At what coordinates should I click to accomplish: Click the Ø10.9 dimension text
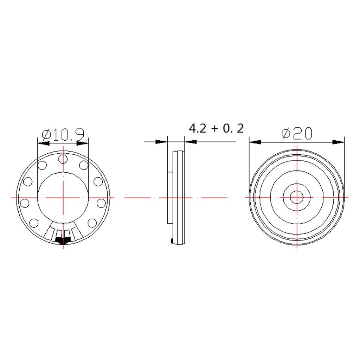[x=63, y=135]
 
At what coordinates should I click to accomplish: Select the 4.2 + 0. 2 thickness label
[x=216, y=128]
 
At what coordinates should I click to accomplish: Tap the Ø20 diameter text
[x=297, y=134]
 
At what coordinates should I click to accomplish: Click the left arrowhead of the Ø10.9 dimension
[x=43, y=143]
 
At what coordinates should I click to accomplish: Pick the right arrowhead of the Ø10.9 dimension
[x=83, y=143]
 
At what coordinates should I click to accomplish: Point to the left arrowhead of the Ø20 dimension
[x=255, y=142]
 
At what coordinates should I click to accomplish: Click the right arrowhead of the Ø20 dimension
[x=339, y=142]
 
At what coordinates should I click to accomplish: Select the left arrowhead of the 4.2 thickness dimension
[x=161, y=142]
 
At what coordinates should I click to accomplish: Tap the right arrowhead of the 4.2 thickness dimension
[x=191, y=142]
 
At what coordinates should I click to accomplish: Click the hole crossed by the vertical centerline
[x=63, y=159]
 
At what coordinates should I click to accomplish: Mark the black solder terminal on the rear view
[x=63, y=240]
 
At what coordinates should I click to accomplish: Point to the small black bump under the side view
[x=171, y=240]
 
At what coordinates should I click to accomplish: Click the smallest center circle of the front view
[x=297, y=197]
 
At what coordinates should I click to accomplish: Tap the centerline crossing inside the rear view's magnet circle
[x=63, y=198]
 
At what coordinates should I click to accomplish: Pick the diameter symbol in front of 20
[x=285, y=134]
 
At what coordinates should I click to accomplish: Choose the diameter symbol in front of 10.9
[x=45, y=135]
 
